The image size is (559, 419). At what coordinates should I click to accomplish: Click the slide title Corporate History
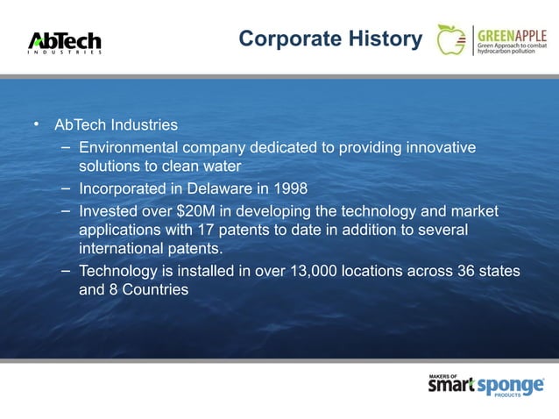(x=329, y=39)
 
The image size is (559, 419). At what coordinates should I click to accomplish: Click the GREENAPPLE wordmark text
(x=512, y=33)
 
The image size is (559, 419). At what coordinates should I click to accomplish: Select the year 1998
(x=290, y=188)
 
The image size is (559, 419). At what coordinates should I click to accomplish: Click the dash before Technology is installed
(x=66, y=272)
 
